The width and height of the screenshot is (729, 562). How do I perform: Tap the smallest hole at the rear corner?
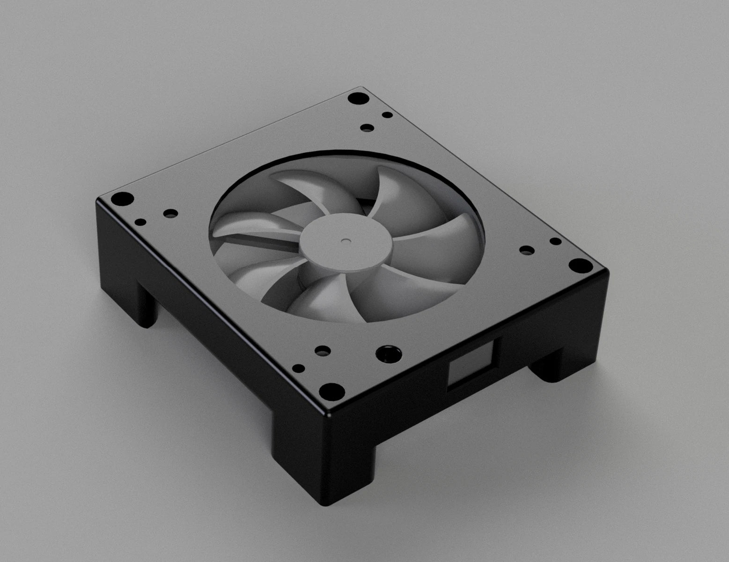click(x=387, y=115)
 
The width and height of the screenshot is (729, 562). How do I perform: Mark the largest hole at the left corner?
click(x=121, y=198)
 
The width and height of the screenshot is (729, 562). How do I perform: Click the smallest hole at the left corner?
click(x=140, y=222)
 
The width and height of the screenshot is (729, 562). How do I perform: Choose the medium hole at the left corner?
click(x=170, y=213)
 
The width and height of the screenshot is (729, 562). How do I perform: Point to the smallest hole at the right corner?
click(x=555, y=242)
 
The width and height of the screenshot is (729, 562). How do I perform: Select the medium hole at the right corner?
click(x=527, y=251)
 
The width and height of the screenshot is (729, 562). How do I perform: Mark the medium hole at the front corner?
click(x=322, y=350)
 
